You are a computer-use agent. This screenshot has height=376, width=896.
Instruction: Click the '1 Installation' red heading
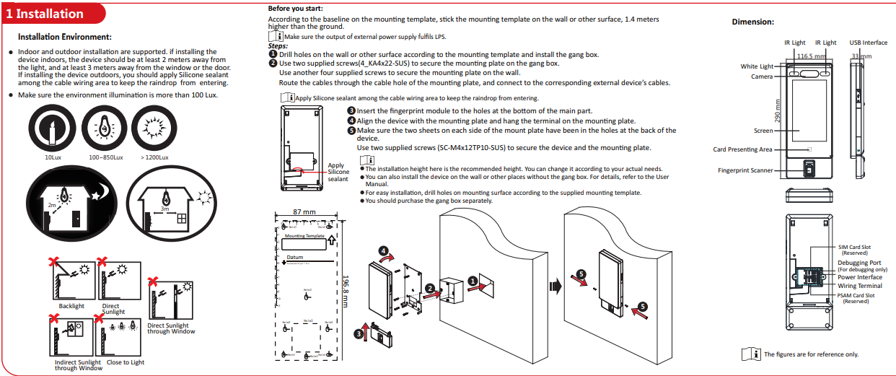50,14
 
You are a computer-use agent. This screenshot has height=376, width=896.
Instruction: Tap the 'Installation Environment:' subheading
65,37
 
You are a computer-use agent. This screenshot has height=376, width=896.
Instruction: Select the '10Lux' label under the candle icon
53,157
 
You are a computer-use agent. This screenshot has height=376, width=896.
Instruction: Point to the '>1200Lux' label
154,157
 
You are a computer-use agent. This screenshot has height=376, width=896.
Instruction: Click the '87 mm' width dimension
304,211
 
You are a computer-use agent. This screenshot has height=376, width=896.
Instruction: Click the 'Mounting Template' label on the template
304,236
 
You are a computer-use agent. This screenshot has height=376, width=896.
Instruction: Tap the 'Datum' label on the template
295,257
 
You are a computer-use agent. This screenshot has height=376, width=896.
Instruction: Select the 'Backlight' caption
71,306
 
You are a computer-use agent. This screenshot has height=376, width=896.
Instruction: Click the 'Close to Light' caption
126,362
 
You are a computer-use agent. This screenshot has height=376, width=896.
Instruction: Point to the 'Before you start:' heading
295,8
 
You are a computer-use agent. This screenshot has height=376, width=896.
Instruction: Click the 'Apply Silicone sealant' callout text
338,172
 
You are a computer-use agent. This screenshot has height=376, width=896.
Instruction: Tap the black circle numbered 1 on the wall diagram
473,280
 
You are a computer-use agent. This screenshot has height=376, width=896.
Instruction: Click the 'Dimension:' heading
752,22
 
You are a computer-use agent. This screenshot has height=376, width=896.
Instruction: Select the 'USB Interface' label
868,43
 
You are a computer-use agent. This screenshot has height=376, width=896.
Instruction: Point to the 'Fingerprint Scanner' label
745,171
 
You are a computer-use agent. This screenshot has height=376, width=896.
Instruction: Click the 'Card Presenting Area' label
742,149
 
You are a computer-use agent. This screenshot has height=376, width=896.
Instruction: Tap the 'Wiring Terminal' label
859,286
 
